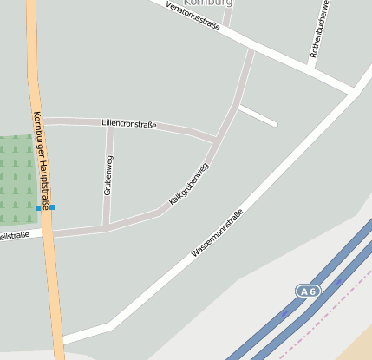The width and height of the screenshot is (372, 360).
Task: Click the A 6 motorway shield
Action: click(308, 291)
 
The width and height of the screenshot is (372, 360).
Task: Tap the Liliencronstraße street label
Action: click(129, 125)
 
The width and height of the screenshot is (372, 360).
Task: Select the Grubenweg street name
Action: click(108, 174)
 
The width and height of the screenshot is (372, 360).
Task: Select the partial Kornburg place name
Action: click(209, 3)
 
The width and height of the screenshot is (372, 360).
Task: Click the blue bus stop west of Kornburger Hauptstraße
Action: click(37, 208)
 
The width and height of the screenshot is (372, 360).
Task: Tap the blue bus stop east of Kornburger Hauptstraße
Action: click(52, 207)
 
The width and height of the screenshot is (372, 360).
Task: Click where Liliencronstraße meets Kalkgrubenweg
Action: click(215, 139)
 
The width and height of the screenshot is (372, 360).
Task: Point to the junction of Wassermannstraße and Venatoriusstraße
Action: click(354, 91)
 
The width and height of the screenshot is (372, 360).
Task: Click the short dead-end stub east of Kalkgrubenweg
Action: click(258, 115)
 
